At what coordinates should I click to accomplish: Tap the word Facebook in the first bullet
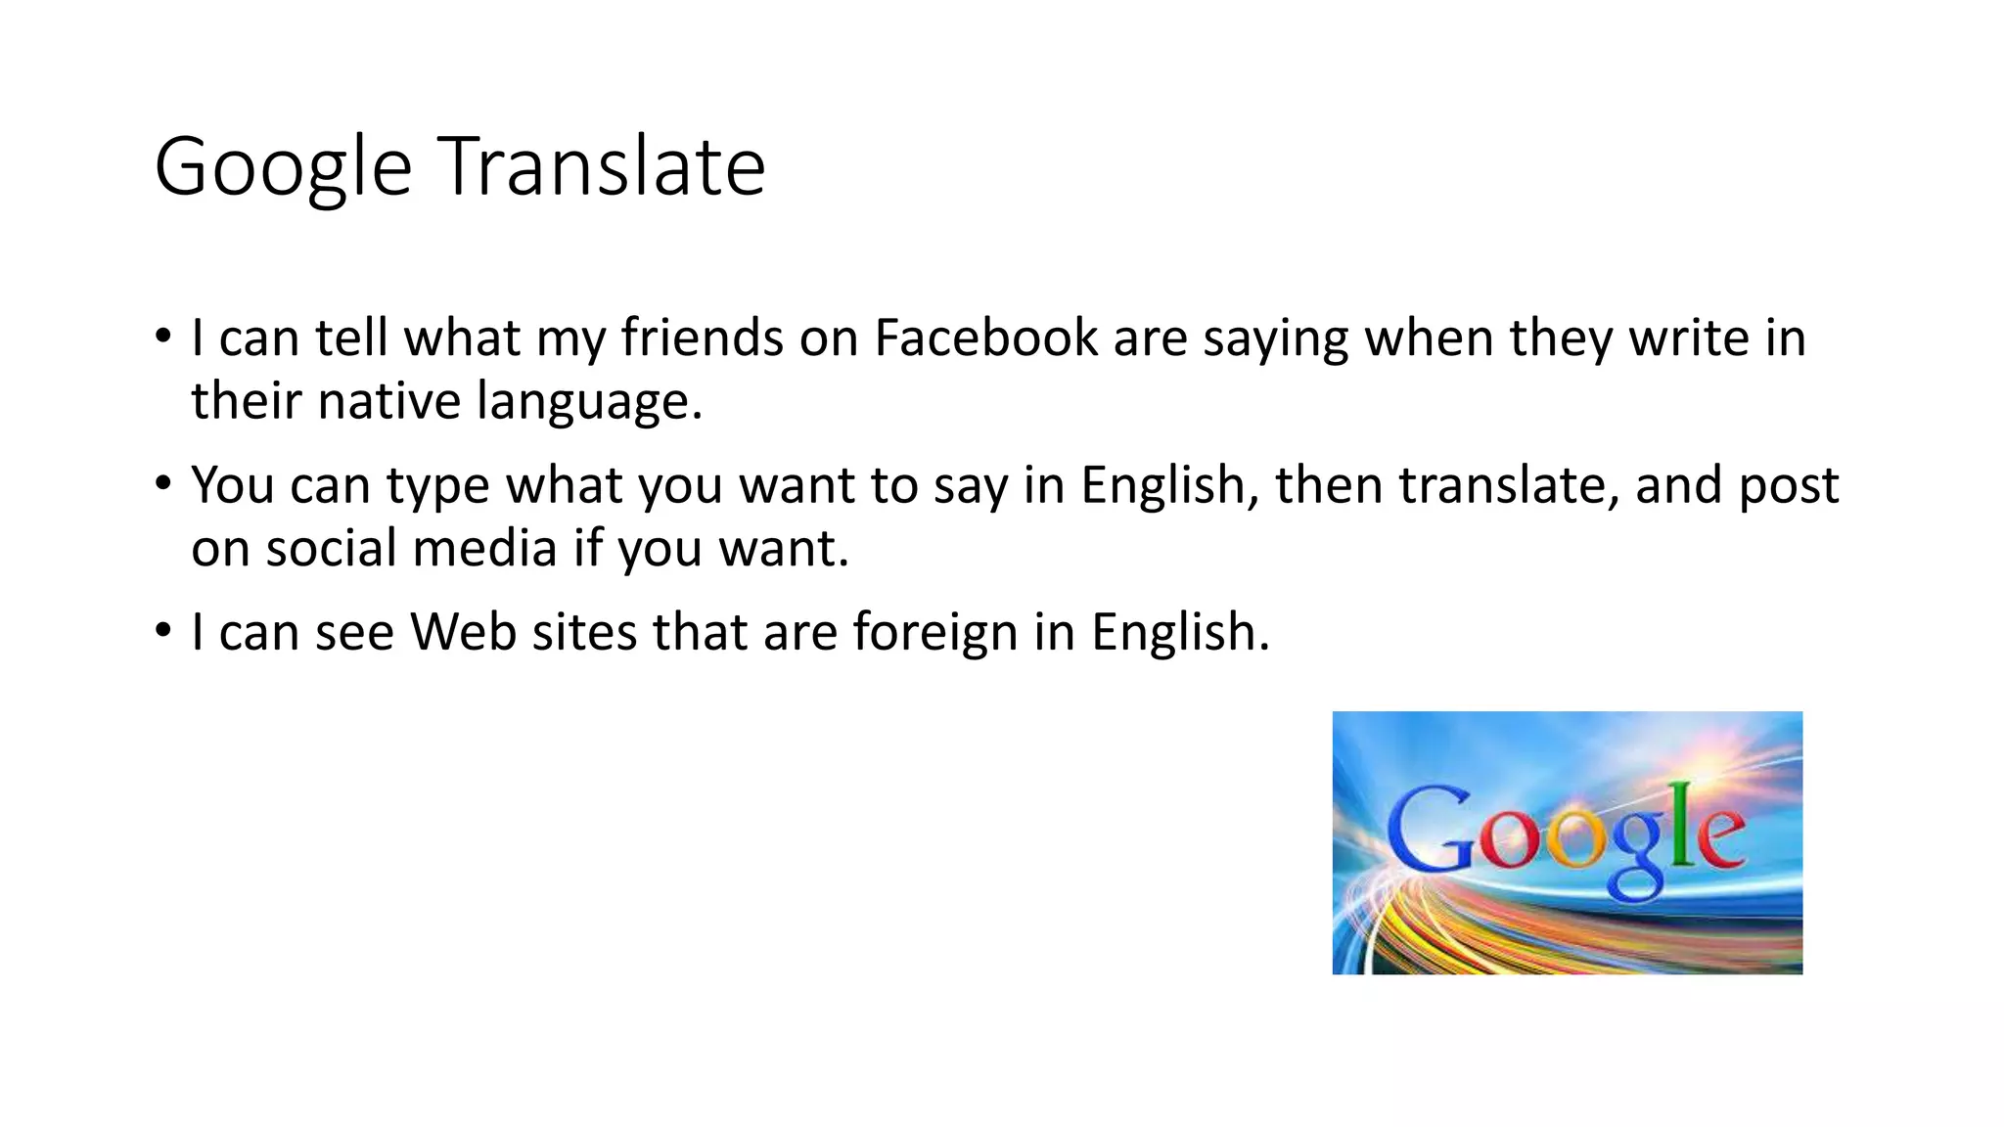click(x=985, y=338)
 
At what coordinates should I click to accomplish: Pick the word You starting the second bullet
click(x=232, y=485)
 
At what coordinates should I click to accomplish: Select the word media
click(x=484, y=548)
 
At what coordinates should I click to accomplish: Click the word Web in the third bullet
click(x=463, y=632)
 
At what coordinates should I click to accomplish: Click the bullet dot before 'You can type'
click(x=163, y=483)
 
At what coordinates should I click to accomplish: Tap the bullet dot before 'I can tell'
click(x=163, y=337)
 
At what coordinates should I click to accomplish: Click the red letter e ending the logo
click(x=1719, y=836)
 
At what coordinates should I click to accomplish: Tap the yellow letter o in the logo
click(x=1573, y=840)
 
